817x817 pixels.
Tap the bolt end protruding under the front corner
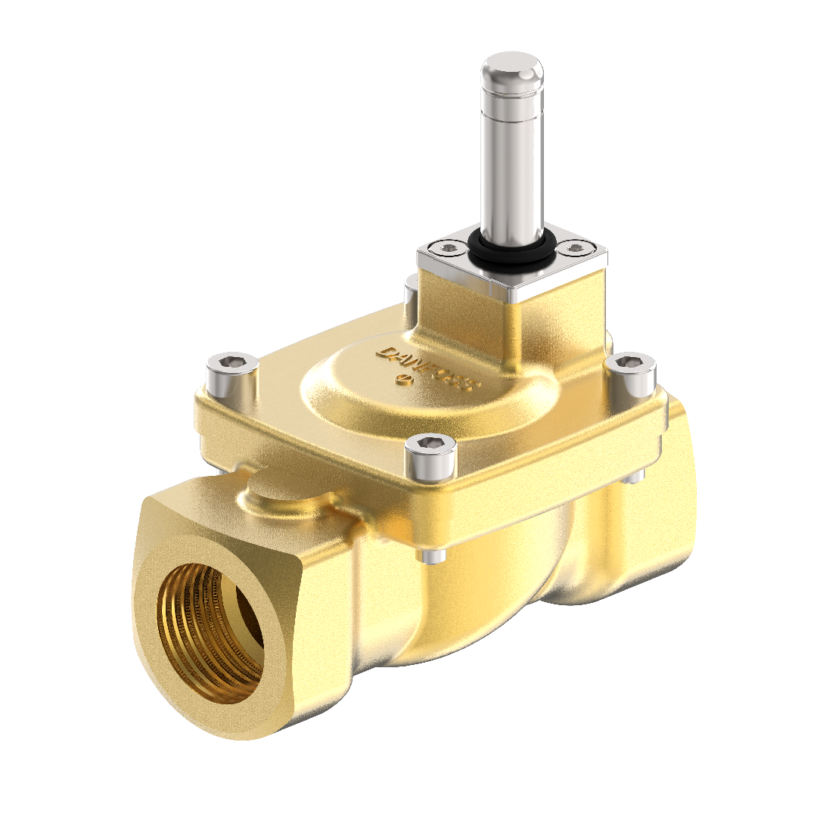[432, 557]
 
